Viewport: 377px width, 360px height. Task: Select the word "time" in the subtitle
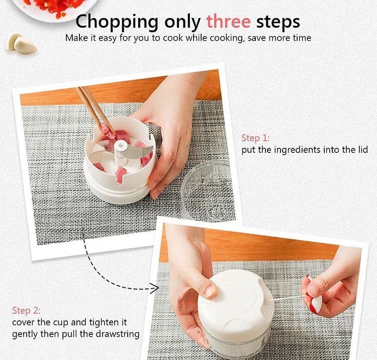pos(301,38)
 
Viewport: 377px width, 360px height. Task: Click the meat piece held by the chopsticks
pos(106,129)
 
